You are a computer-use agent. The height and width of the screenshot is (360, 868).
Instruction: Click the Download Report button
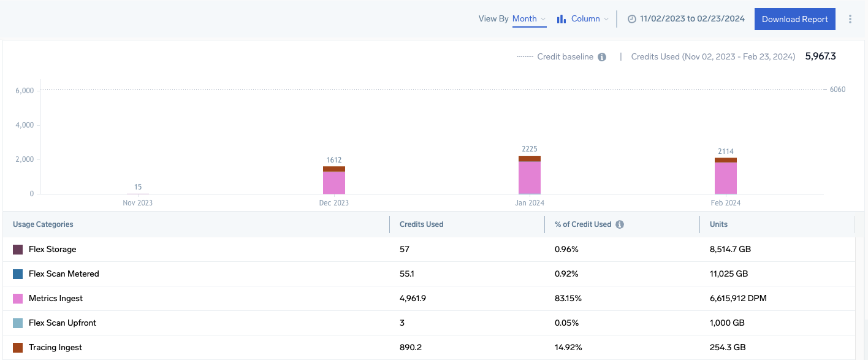(x=794, y=19)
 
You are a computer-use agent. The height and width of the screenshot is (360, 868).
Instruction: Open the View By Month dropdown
(x=528, y=19)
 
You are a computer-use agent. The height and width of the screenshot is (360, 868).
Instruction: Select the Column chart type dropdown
(x=583, y=19)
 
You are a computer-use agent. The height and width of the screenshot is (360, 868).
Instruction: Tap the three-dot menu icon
(x=850, y=19)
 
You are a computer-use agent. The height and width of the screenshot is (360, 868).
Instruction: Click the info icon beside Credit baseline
(x=602, y=57)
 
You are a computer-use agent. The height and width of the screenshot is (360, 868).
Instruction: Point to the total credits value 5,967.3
(x=820, y=56)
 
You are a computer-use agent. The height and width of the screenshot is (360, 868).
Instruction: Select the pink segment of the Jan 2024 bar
(x=530, y=178)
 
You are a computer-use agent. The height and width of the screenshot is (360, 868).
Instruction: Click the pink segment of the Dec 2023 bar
(x=334, y=183)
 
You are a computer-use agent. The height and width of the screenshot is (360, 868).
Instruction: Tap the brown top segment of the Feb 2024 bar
(x=726, y=160)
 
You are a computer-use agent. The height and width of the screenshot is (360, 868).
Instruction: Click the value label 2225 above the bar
(x=530, y=149)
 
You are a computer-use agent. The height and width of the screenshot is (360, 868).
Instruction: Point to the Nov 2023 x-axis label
(x=138, y=203)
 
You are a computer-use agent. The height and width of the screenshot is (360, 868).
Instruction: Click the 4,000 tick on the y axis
(x=25, y=125)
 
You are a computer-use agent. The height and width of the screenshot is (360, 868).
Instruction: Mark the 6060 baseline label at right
(x=837, y=90)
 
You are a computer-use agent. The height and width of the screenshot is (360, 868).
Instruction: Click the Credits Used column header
(x=421, y=224)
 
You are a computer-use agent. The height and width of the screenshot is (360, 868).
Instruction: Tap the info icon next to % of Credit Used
(x=620, y=224)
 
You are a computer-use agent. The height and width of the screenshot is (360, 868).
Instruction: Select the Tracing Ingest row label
(x=55, y=348)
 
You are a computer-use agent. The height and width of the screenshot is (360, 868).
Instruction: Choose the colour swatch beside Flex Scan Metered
(x=18, y=274)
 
